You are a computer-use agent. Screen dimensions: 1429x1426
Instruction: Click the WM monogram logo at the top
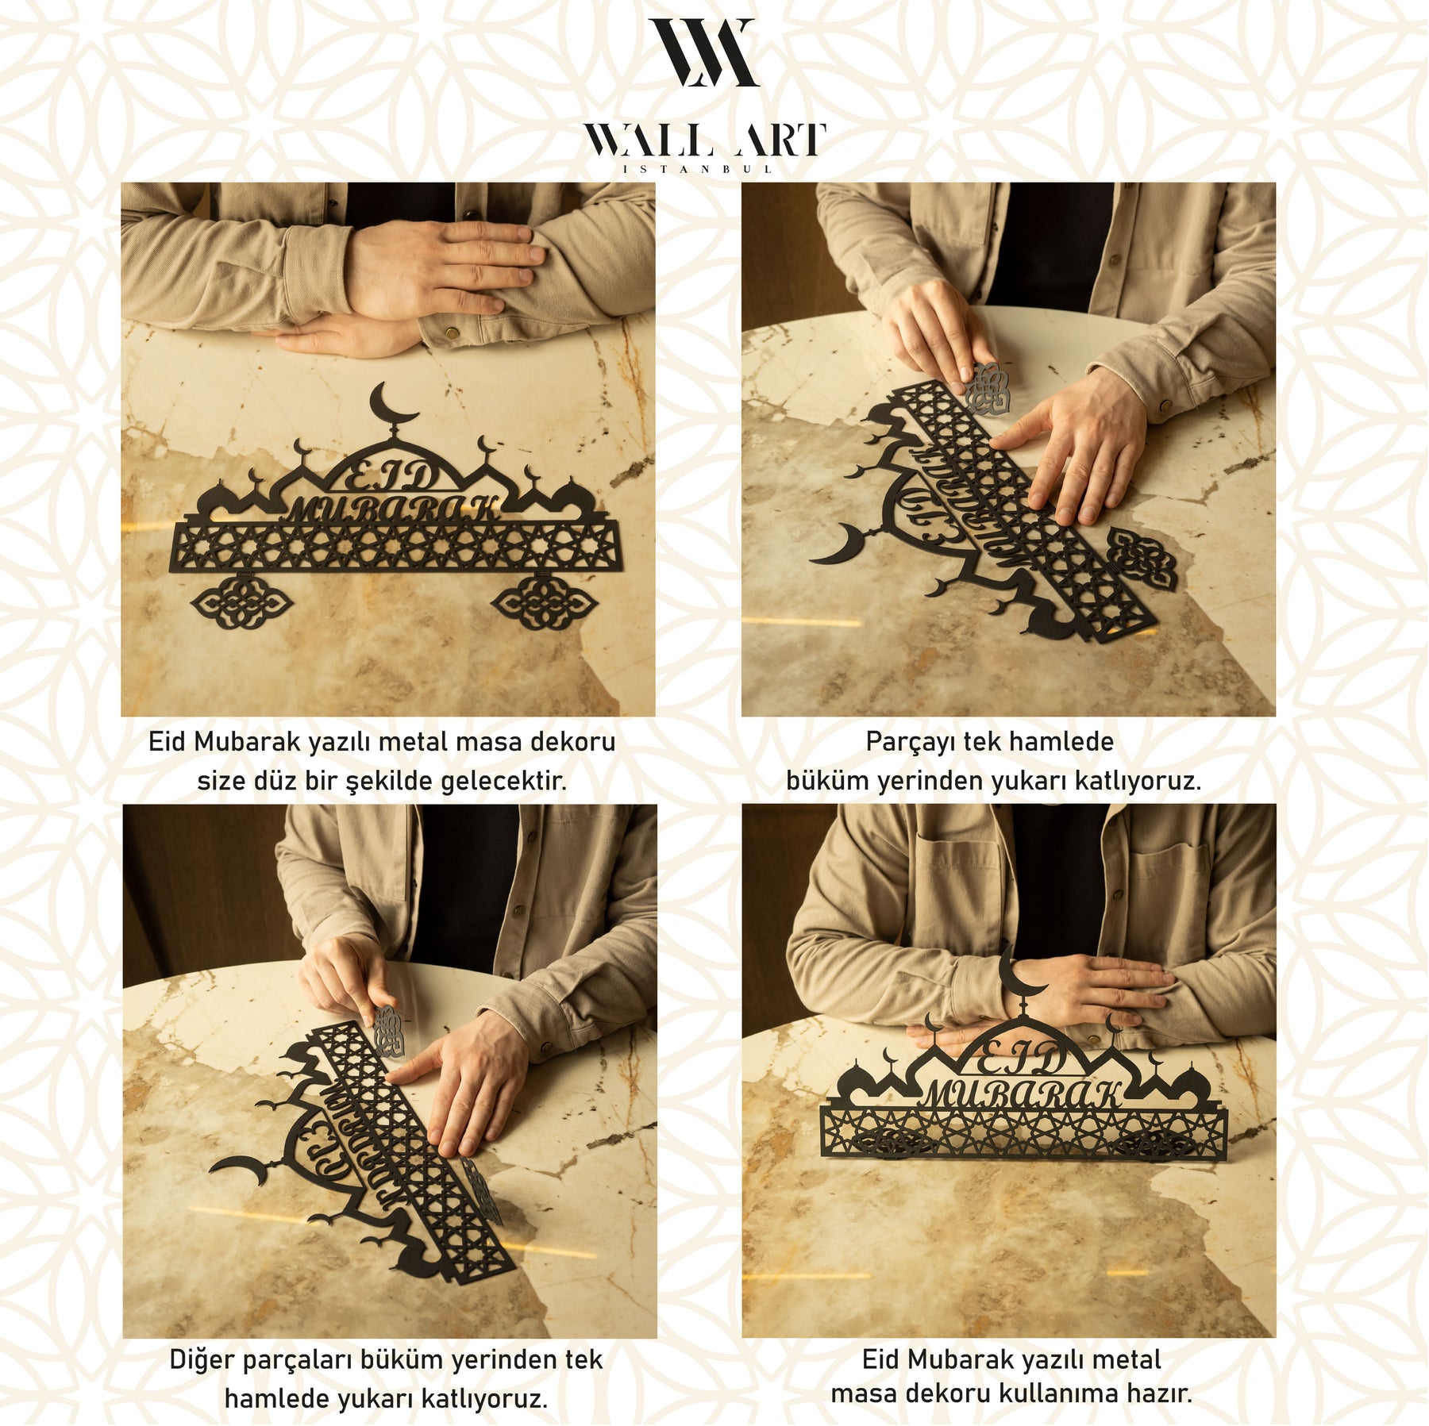pyautogui.click(x=703, y=52)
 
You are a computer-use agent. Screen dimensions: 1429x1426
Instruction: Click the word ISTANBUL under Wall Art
pyautogui.click(x=698, y=169)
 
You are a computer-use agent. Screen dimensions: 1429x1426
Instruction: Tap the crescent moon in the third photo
pyautogui.click(x=240, y=1166)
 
